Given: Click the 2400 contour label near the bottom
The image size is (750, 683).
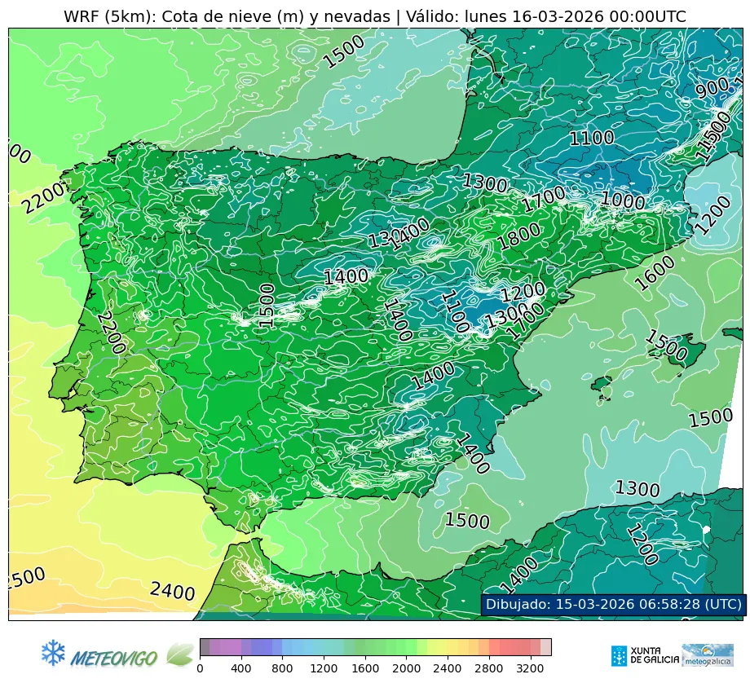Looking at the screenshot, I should pyautogui.click(x=172, y=592).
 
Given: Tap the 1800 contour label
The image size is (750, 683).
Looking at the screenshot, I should pyautogui.click(x=518, y=236).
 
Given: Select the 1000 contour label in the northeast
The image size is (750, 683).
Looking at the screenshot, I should pyautogui.click(x=622, y=200).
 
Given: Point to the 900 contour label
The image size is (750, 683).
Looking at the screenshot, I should pyautogui.click(x=712, y=88).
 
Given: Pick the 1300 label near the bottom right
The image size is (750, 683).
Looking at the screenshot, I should pyautogui.click(x=637, y=489).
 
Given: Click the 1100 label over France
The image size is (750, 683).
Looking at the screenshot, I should pyautogui.click(x=591, y=138).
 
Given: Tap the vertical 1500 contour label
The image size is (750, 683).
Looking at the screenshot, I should pyautogui.click(x=266, y=306).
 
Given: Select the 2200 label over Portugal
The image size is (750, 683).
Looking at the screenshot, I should pyautogui.click(x=110, y=332).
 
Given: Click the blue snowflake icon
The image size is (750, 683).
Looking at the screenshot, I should pyautogui.click(x=53, y=652).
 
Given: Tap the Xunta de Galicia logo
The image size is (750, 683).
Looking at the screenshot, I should pyautogui.click(x=643, y=654).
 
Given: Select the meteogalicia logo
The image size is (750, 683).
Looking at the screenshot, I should pyautogui.click(x=707, y=654).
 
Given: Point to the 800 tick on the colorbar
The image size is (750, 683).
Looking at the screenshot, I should pyautogui.click(x=283, y=669).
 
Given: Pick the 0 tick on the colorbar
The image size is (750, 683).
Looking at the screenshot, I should pyautogui.click(x=200, y=669).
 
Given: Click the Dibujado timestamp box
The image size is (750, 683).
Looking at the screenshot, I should pyautogui.click(x=612, y=604).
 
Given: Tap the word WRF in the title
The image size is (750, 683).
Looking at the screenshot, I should pyautogui.click(x=82, y=16).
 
